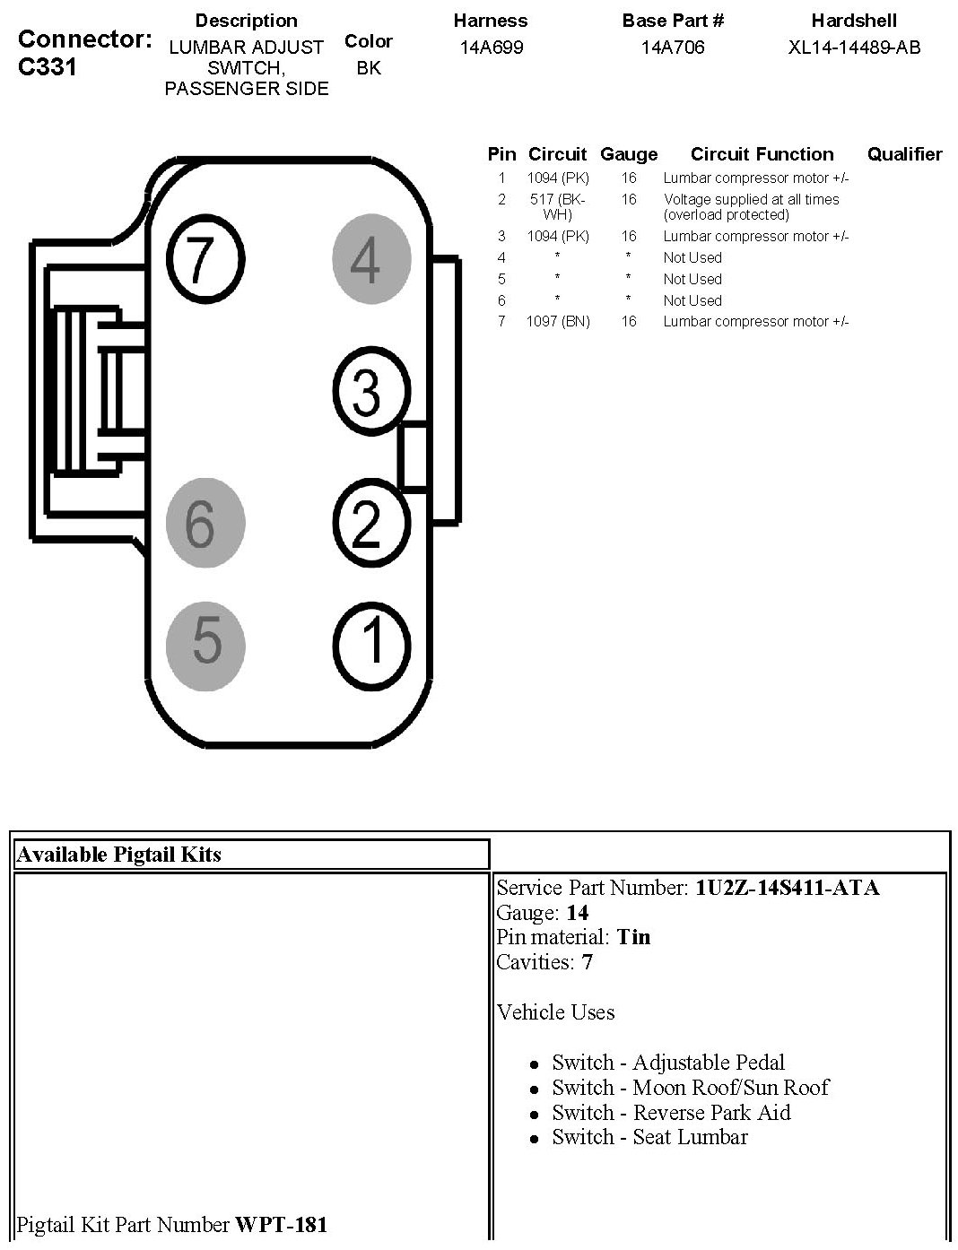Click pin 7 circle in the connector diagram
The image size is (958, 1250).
pyautogui.click(x=205, y=259)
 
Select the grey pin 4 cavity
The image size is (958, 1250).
pyautogui.click(x=370, y=260)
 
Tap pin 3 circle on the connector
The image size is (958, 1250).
pyautogui.click(x=370, y=391)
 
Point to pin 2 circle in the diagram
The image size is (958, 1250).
pyautogui.click(x=370, y=523)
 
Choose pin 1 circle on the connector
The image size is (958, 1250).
pyautogui.click(x=370, y=644)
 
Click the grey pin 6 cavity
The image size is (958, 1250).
pyautogui.click(x=205, y=523)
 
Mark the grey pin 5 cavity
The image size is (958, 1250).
pyautogui.click(x=205, y=644)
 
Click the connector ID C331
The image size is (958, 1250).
pyautogui.click(x=48, y=67)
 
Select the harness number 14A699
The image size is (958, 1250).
pyautogui.click(x=491, y=48)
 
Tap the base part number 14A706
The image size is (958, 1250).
pyautogui.click(x=673, y=48)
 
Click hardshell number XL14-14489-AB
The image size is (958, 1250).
pyautogui.click(x=854, y=48)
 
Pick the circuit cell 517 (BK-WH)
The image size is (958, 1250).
pyautogui.click(x=557, y=207)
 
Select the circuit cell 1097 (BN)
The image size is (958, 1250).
pyautogui.click(x=558, y=321)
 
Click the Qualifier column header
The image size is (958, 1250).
pyautogui.click(x=904, y=154)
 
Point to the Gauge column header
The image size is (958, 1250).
pyautogui.click(x=628, y=154)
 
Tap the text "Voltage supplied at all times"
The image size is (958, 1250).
pyautogui.click(x=751, y=199)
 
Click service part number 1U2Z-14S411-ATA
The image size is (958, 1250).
pyautogui.click(x=787, y=888)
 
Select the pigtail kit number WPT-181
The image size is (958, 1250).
pyautogui.click(x=281, y=1224)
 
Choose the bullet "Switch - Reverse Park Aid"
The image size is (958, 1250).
pyautogui.click(x=671, y=1113)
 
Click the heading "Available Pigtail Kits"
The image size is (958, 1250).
pyautogui.click(x=118, y=855)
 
